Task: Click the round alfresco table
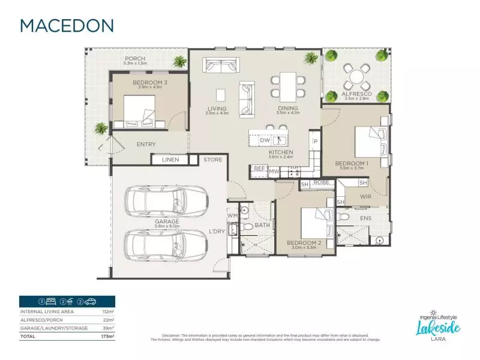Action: (x=358, y=76)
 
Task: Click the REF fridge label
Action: (x=259, y=169)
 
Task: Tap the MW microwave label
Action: (x=274, y=172)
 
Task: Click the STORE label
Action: (x=212, y=160)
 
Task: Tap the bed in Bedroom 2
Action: (x=314, y=223)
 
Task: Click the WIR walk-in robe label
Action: (x=367, y=196)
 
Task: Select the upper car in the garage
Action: (x=165, y=200)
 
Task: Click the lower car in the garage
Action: (x=165, y=244)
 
